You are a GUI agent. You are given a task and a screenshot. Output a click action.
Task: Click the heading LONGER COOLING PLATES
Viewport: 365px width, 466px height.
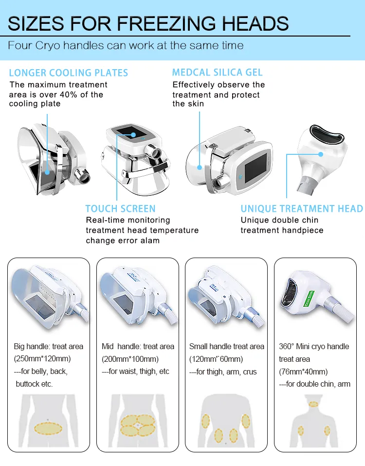[x=68, y=73]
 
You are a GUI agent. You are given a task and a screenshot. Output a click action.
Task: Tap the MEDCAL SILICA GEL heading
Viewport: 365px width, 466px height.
[x=217, y=73]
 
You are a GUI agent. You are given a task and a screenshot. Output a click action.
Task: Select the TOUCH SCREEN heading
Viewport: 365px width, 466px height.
[x=120, y=209]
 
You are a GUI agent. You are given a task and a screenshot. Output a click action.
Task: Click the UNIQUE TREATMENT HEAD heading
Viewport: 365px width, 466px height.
[x=302, y=209]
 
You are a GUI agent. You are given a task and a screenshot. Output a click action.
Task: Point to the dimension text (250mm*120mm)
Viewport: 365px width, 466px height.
[x=42, y=359]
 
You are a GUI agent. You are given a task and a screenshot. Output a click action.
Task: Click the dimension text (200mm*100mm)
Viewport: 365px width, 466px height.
[x=130, y=359]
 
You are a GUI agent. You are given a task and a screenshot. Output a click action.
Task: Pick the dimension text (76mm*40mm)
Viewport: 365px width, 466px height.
[x=303, y=372]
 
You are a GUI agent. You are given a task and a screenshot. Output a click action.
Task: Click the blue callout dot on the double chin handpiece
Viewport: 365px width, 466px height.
[x=321, y=154]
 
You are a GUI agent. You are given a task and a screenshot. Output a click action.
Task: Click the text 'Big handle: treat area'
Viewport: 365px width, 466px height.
[x=48, y=346]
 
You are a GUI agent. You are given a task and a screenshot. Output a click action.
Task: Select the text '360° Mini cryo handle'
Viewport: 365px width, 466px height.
[x=314, y=346]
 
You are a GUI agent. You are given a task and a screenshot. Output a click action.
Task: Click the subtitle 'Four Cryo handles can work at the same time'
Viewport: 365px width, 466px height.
[x=126, y=46]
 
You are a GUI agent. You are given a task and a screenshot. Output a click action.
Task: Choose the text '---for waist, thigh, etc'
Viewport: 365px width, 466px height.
[x=135, y=372]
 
